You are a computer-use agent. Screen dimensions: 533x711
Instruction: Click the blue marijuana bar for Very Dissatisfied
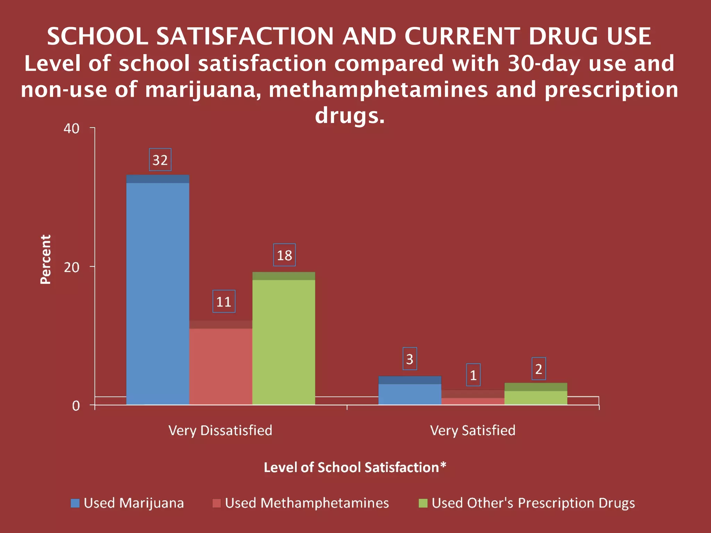158,291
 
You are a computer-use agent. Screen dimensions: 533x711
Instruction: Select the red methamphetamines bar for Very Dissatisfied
221,364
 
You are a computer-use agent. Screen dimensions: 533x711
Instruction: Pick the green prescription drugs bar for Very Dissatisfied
284,340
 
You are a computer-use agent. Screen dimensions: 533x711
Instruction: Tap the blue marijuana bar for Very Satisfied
410,392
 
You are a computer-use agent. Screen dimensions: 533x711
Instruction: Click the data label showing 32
160,160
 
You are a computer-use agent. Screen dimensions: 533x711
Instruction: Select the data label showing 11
224,302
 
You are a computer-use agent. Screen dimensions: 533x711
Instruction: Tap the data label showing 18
284,255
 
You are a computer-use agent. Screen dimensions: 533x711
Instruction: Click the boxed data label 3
410,359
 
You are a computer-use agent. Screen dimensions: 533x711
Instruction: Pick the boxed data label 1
473,375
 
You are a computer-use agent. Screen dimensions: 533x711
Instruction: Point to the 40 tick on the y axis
72,129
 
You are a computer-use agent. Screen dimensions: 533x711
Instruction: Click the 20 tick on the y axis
72,267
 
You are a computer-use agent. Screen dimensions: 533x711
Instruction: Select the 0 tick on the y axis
76,406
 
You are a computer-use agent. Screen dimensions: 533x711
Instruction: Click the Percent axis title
45,260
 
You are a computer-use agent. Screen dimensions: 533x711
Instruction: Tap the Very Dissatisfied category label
220,431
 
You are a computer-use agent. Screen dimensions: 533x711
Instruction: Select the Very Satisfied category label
472,431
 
